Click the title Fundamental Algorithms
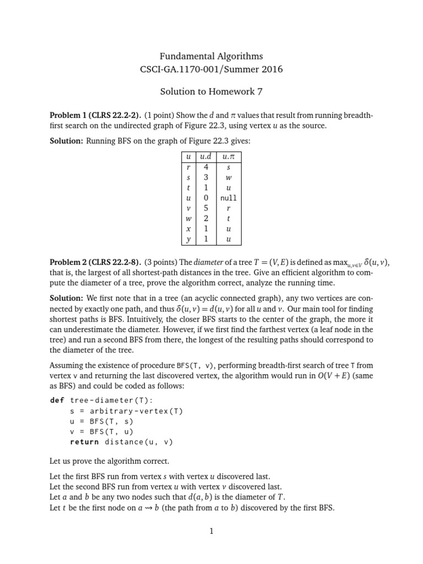click(x=211, y=56)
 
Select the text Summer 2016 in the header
click(x=251, y=70)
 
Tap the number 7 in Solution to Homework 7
click(x=258, y=91)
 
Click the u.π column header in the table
click(x=229, y=158)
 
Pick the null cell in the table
click(x=229, y=198)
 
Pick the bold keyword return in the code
click(x=84, y=441)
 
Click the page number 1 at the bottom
click(x=211, y=531)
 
